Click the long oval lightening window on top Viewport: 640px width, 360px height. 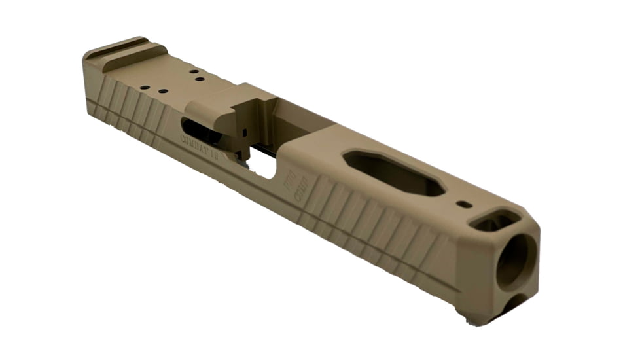[x=393, y=171]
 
